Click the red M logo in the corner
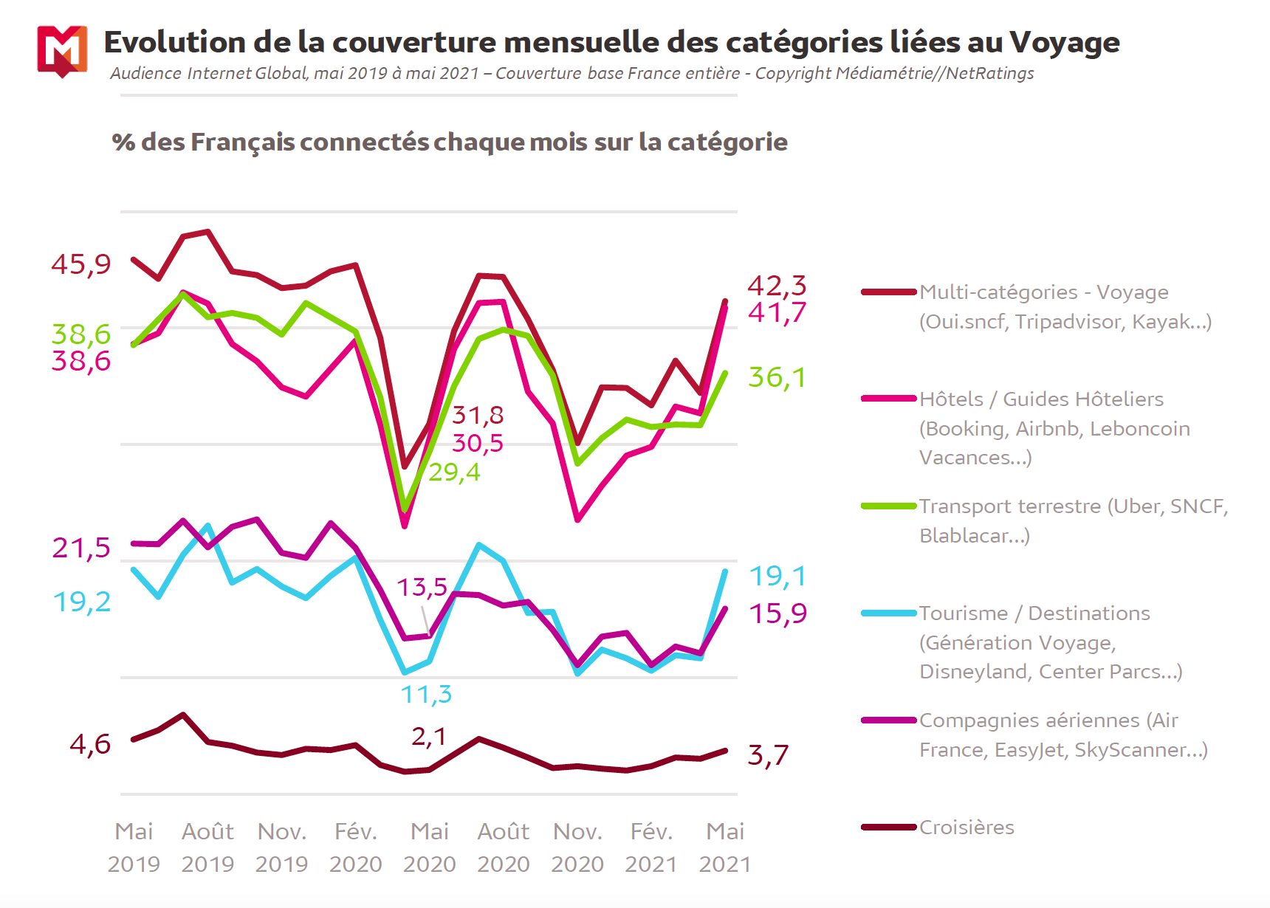pos(62,50)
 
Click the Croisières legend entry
pos(966,828)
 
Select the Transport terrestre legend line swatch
pos(889,506)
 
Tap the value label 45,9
pos(81,264)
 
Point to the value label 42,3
pos(777,285)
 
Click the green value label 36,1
pos(777,377)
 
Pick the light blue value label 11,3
pos(426,695)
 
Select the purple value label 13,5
pos(422,587)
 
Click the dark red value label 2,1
pos(429,736)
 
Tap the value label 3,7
pos(768,755)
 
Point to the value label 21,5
pos(81,548)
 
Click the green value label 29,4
pos(454,472)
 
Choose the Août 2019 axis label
pos(207,847)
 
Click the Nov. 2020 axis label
pos(577,847)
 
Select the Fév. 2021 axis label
pos(651,847)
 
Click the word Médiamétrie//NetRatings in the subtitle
pos(934,73)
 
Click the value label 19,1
pos(778,576)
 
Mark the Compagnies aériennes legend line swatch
pos(889,720)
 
